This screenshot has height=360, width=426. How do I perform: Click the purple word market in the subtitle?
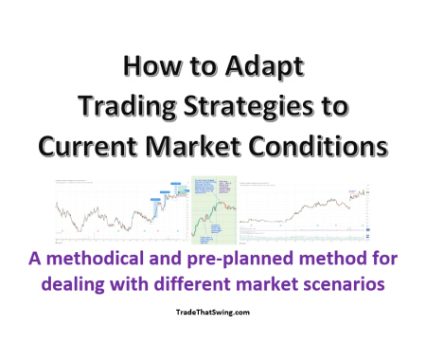click(279, 281)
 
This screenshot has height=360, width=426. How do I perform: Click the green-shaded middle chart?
click(214, 207)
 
